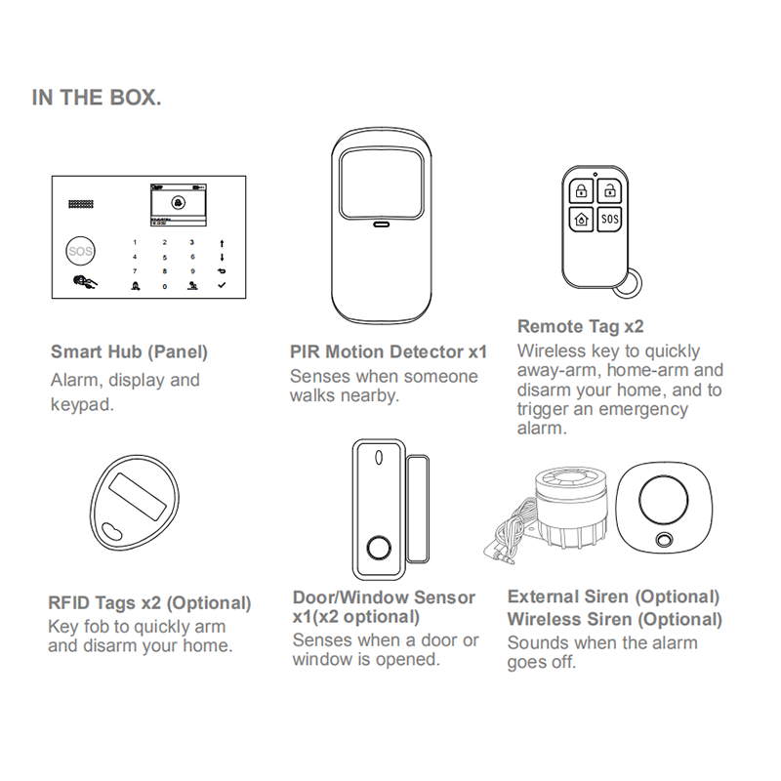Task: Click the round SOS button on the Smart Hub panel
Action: [82, 251]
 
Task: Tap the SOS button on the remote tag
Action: [608, 220]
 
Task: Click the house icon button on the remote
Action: [581, 220]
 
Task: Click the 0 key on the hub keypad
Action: [165, 286]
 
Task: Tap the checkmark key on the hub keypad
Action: [222, 286]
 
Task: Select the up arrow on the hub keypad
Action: [222, 241]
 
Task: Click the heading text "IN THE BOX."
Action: [97, 99]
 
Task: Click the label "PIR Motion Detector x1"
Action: [388, 351]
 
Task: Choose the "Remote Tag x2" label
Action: [581, 327]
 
